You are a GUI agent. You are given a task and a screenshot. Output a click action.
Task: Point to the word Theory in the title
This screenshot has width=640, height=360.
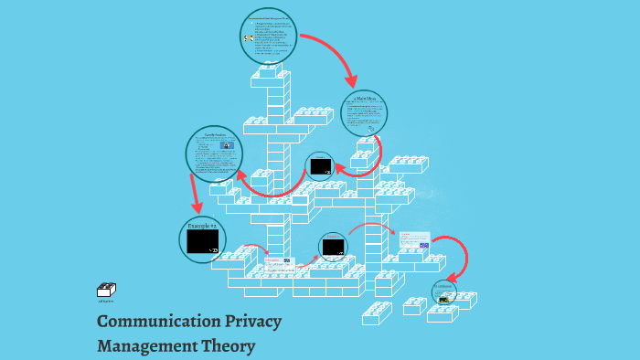tap(229, 346)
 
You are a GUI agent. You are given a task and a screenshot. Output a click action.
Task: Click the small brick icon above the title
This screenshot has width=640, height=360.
tap(106, 291)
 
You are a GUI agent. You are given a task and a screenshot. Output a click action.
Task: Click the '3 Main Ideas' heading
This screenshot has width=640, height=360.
tap(365, 99)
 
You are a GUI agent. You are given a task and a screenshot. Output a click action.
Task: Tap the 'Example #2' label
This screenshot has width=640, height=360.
tap(201, 225)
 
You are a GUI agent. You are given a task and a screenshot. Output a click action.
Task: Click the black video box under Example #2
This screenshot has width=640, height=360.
tap(202, 241)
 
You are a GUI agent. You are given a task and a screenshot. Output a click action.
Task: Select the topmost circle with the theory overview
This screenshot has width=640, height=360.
tap(269, 37)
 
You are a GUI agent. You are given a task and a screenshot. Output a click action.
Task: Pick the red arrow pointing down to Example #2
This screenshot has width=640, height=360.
tap(194, 195)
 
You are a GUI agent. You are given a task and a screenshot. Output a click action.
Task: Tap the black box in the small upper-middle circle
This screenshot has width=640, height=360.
tap(320, 166)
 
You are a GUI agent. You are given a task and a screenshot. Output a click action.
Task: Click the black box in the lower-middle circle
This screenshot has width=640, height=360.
tap(333, 247)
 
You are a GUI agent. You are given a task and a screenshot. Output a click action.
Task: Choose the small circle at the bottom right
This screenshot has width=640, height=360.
tap(444, 293)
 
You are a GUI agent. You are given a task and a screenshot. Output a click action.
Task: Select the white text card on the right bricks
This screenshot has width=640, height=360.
tap(413, 240)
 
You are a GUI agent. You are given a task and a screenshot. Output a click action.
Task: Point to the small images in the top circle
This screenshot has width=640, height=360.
tap(248, 38)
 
